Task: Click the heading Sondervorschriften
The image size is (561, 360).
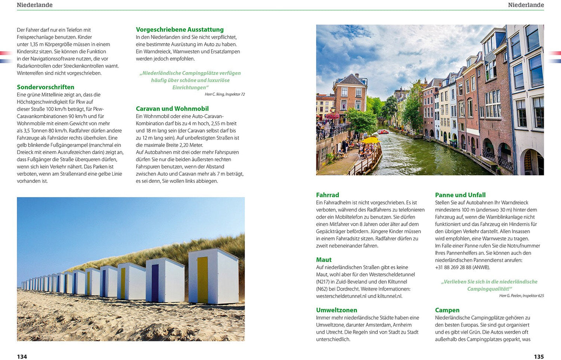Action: (45, 87)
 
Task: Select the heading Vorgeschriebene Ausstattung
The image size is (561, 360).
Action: (180, 29)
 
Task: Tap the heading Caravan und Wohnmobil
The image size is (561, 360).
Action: (172, 109)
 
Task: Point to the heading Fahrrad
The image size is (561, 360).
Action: (327, 195)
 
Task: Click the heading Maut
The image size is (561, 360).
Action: (324, 260)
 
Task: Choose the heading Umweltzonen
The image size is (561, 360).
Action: (336, 310)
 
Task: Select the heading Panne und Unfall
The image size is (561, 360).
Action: (460, 195)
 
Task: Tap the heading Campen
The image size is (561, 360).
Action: (447, 310)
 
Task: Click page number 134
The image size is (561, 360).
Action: (22, 357)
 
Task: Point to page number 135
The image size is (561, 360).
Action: (538, 357)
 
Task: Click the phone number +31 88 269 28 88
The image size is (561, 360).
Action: (453, 267)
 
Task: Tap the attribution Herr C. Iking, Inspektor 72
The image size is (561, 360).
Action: (224, 94)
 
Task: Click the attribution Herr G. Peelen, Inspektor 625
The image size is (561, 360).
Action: (521, 296)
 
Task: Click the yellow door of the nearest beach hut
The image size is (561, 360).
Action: (202, 279)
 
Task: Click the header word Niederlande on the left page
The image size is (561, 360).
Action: (35, 5)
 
